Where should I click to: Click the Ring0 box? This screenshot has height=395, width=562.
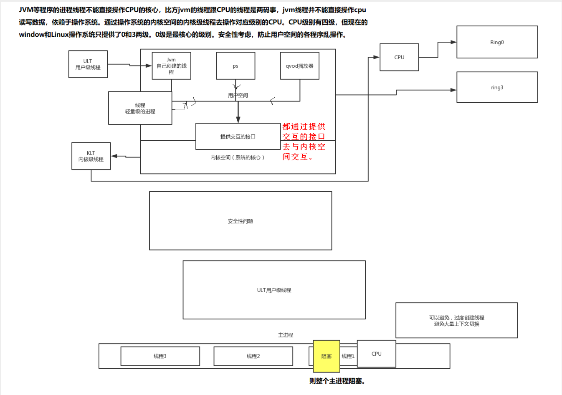click(x=497, y=42)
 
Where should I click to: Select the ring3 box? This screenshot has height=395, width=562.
click(x=497, y=87)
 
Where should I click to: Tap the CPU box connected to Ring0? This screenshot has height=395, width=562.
click(x=399, y=57)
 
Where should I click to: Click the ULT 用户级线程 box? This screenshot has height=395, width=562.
click(x=88, y=64)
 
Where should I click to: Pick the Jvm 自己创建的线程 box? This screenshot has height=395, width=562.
click(x=171, y=66)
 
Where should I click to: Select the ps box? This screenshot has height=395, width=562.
click(x=235, y=66)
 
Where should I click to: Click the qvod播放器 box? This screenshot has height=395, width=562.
click(x=299, y=66)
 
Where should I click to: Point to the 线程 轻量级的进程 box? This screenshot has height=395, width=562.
click(x=140, y=108)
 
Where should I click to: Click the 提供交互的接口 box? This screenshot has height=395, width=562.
click(x=238, y=137)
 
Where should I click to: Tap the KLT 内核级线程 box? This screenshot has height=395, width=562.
click(x=91, y=156)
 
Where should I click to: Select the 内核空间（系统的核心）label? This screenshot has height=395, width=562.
click(x=237, y=157)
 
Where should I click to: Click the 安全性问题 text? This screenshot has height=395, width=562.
click(x=240, y=221)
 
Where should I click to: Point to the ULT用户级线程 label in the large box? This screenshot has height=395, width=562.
click(x=274, y=290)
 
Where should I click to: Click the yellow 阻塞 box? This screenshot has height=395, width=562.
click(x=326, y=356)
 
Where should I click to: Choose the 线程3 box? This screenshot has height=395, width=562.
click(x=160, y=356)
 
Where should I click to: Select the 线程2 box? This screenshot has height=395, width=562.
click(x=253, y=356)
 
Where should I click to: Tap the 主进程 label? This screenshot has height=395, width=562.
click(x=286, y=335)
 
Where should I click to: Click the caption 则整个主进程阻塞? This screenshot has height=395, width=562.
click(x=337, y=381)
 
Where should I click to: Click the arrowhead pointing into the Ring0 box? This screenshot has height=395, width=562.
click(x=454, y=42)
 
